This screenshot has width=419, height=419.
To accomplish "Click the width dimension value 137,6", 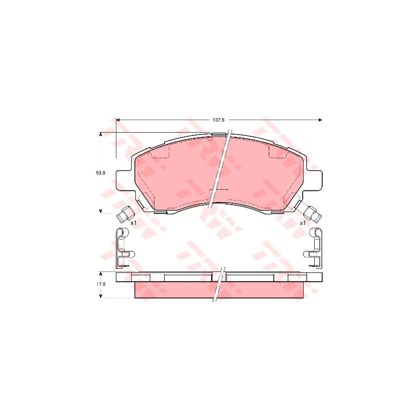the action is click(218, 120).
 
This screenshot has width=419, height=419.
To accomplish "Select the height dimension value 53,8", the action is click(101, 173).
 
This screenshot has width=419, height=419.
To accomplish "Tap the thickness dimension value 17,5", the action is click(101, 284).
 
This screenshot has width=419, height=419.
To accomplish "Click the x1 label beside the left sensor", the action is click(133, 223).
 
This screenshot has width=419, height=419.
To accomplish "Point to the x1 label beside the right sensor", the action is click(303, 223).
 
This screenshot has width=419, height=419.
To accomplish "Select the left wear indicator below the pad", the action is click(125, 215).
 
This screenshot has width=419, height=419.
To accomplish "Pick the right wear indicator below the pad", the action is click(313, 215).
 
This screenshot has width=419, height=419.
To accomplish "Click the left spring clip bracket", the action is click(124, 248).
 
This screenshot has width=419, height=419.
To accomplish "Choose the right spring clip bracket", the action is click(314, 248).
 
